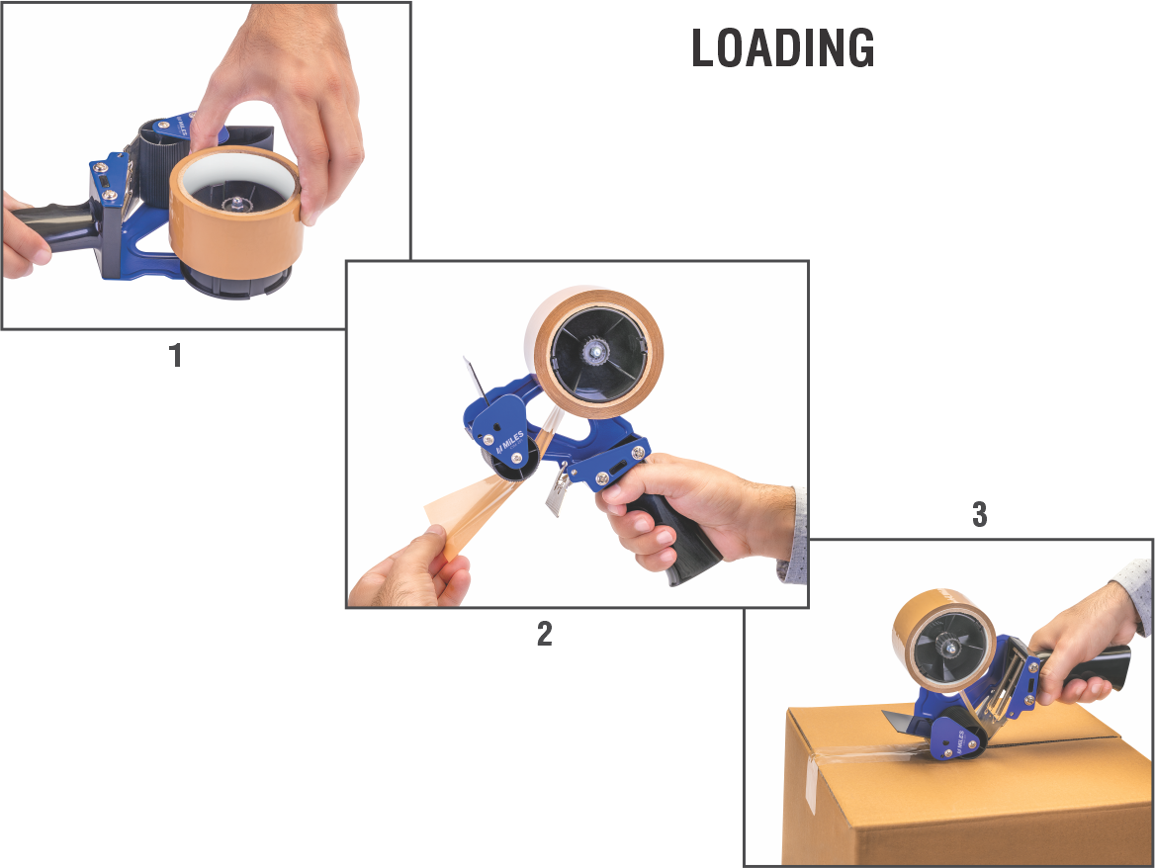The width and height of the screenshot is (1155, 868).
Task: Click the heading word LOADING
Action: tap(783, 48)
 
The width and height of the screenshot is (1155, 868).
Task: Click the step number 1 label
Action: tap(175, 356)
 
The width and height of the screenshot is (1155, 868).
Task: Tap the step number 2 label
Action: tap(544, 634)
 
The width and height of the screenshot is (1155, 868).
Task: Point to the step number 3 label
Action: tap(979, 515)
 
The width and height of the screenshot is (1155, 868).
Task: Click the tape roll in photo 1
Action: tap(235, 214)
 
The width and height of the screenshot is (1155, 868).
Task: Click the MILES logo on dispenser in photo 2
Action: tap(510, 441)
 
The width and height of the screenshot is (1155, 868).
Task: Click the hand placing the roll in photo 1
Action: tap(288, 103)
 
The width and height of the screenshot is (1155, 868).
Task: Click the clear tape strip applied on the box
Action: tap(869, 754)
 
